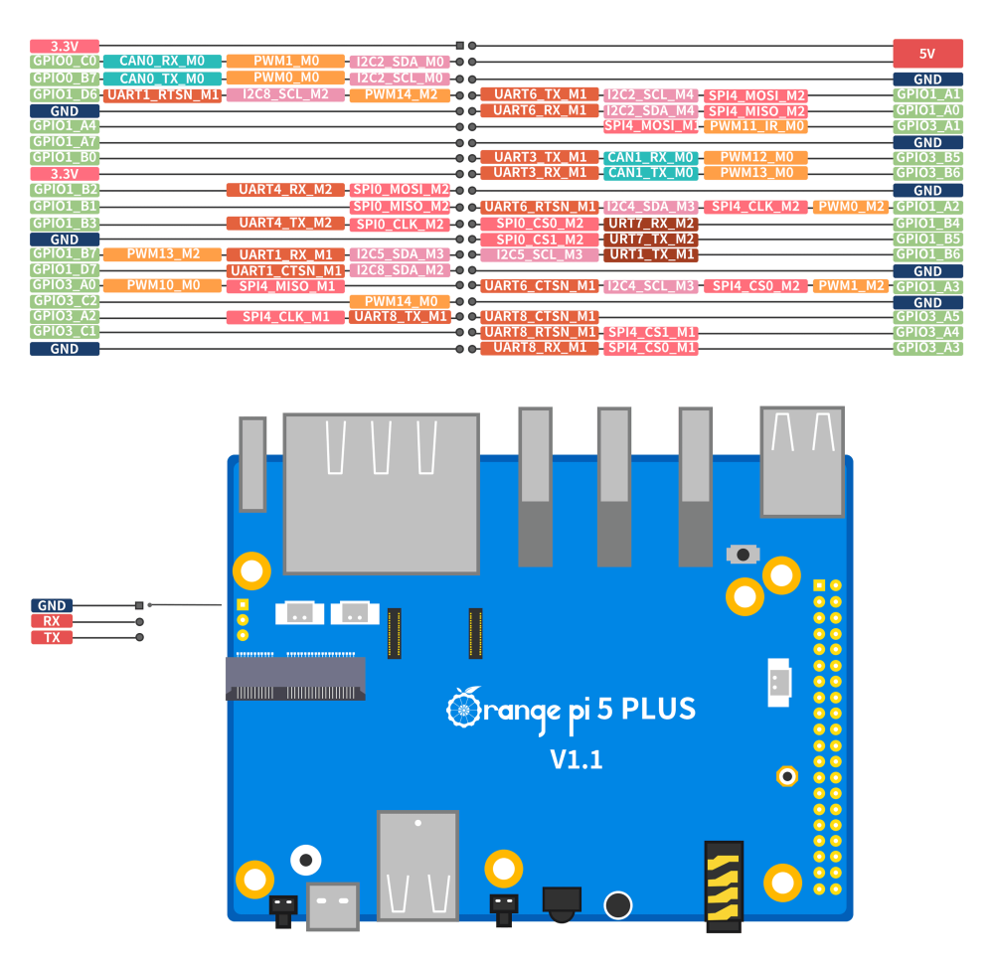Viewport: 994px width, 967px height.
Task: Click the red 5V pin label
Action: pos(927,54)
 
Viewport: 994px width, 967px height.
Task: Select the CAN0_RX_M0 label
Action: pos(162,62)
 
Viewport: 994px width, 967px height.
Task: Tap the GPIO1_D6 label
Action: pos(65,94)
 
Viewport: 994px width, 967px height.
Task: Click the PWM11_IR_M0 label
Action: pos(755,126)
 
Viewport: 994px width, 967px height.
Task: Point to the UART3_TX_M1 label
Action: pos(540,157)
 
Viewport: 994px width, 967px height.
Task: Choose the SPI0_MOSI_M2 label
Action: pos(400,190)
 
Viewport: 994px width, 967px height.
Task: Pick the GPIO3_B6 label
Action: pos(927,173)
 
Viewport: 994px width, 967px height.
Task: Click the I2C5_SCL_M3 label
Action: pos(540,254)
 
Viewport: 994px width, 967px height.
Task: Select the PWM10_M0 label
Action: pos(162,285)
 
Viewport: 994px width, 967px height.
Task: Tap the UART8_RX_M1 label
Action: pos(540,348)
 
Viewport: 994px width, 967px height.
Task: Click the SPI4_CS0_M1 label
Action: pos(651,348)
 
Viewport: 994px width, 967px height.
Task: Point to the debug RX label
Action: pos(52,621)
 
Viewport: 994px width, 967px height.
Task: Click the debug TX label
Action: pos(52,637)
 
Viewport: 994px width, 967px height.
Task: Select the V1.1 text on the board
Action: pos(577,760)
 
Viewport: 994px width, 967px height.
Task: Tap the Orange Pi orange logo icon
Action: pos(464,708)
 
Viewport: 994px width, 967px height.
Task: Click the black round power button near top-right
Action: pos(743,554)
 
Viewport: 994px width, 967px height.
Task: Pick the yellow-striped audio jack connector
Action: pos(724,885)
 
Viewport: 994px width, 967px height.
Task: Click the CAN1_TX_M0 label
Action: pos(651,173)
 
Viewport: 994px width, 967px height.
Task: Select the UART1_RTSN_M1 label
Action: pos(162,95)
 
